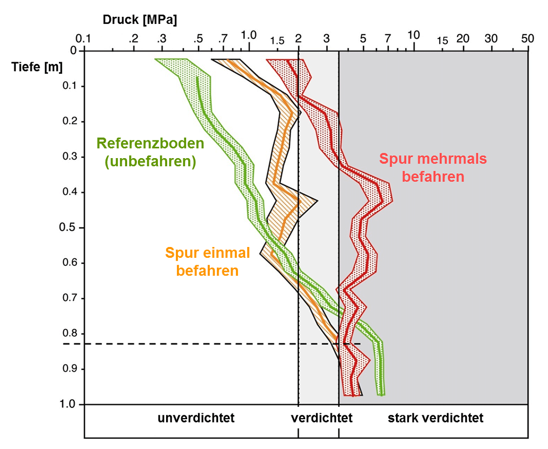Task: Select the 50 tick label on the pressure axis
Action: point(527,39)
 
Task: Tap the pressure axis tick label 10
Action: point(413,35)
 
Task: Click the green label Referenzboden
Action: point(150,144)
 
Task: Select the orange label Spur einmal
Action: point(208,253)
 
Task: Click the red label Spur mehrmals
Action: point(433,159)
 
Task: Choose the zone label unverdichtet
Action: point(196,418)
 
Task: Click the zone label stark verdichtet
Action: point(435,418)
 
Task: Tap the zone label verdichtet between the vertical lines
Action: point(321,418)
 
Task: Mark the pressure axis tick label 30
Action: point(491,39)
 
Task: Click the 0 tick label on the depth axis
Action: point(74,51)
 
